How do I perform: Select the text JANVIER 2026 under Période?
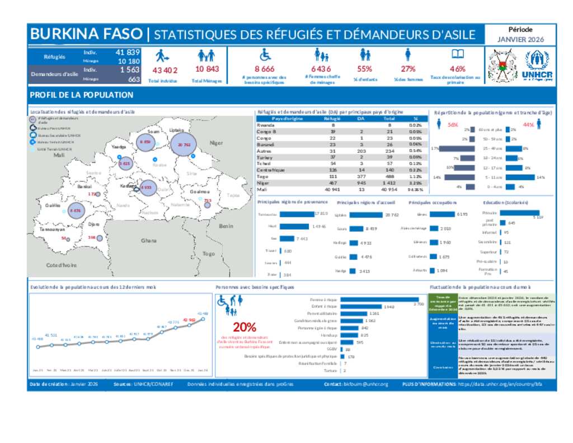tap(520, 40)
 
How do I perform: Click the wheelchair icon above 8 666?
tap(265, 55)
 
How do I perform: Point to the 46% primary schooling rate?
tap(458, 69)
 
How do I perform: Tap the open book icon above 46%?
tap(458, 54)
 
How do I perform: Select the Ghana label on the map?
tap(149, 240)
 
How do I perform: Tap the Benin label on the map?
tap(226, 226)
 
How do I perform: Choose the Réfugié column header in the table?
tap(332, 119)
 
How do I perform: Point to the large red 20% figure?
tap(245, 327)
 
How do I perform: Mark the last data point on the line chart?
tap(203, 319)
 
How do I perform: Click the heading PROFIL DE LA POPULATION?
tap(82, 95)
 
